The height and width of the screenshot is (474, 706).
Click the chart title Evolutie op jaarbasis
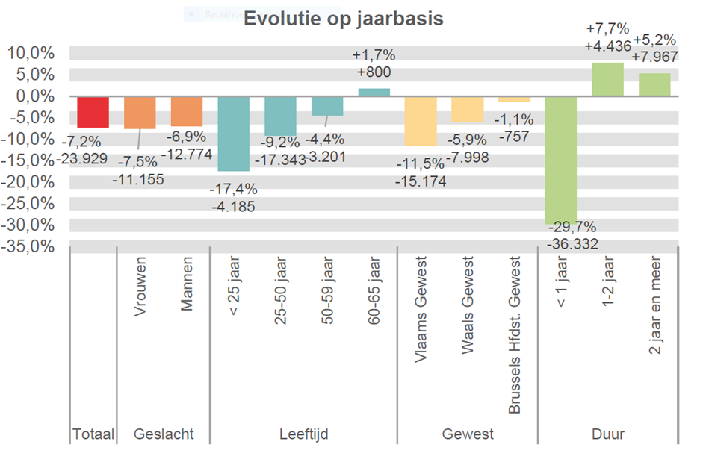pyautogui.click(x=343, y=19)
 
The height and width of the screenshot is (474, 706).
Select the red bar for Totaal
pyautogui.click(x=93, y=112)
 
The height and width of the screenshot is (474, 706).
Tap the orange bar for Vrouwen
pyautogui.click(x=140, y=113)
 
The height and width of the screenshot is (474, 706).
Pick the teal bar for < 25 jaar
pyautogui.click(x=233, y=134)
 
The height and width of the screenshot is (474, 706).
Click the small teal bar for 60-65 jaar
pyautogui.click(x=374, y=92)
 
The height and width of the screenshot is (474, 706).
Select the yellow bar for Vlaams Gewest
pyautogui.click(x=420, y=121)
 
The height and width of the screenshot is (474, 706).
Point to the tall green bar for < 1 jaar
pyautogui.click(x=560, y=160)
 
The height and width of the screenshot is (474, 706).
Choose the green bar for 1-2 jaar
pyautogui.click(x=607, y=79)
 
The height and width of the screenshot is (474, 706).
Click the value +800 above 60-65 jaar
pyautogui.click(x=374, y=72)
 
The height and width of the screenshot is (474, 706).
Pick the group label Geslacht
pyautogui.click(x=163, y=434)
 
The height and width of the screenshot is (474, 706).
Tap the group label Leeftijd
pyautogui.click(x=303, y=434)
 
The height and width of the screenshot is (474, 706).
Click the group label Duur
pyautogui.click(x=607, y=434)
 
